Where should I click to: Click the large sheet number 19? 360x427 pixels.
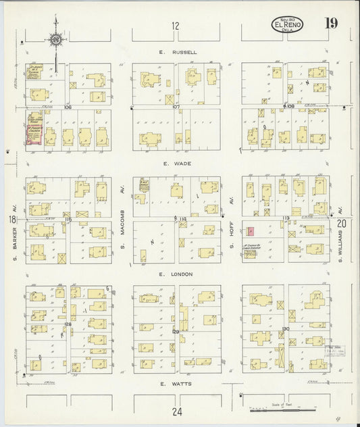click(x=331, y=24)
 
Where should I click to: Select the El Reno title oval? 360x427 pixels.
click(x=288, y=25)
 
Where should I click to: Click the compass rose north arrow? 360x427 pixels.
click(x=56, y=40)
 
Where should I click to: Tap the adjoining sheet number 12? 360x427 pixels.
click(x=176, y=26)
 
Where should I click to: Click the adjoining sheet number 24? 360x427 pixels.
click(x=177, y=411)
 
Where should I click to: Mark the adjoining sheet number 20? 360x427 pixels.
click(x=341, y=222)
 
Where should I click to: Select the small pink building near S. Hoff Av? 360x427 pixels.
click(x=251, y=232)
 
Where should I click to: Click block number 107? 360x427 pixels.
click(x=176, y=107)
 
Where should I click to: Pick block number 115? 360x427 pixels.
click(x=68, y=220)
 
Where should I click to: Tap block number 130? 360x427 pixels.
click(x=286, y=329)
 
